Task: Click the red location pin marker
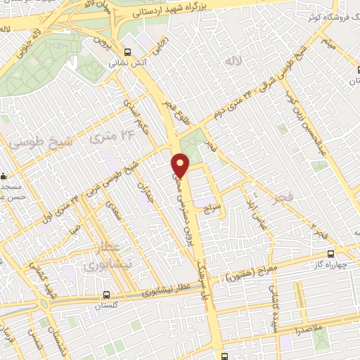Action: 181,165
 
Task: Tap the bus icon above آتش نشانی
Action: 127,52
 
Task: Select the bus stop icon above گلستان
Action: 105,295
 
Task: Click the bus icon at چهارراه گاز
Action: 330,255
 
